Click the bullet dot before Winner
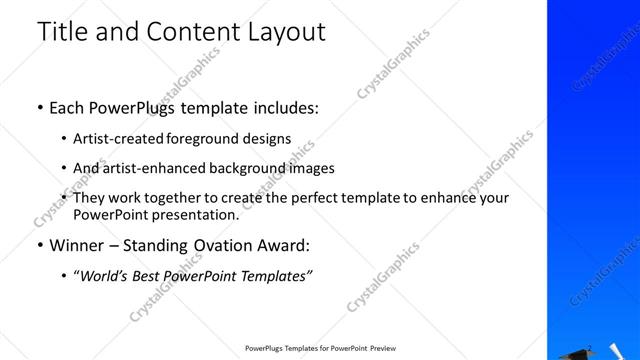[39, 245]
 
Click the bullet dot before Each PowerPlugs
[39, 105]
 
